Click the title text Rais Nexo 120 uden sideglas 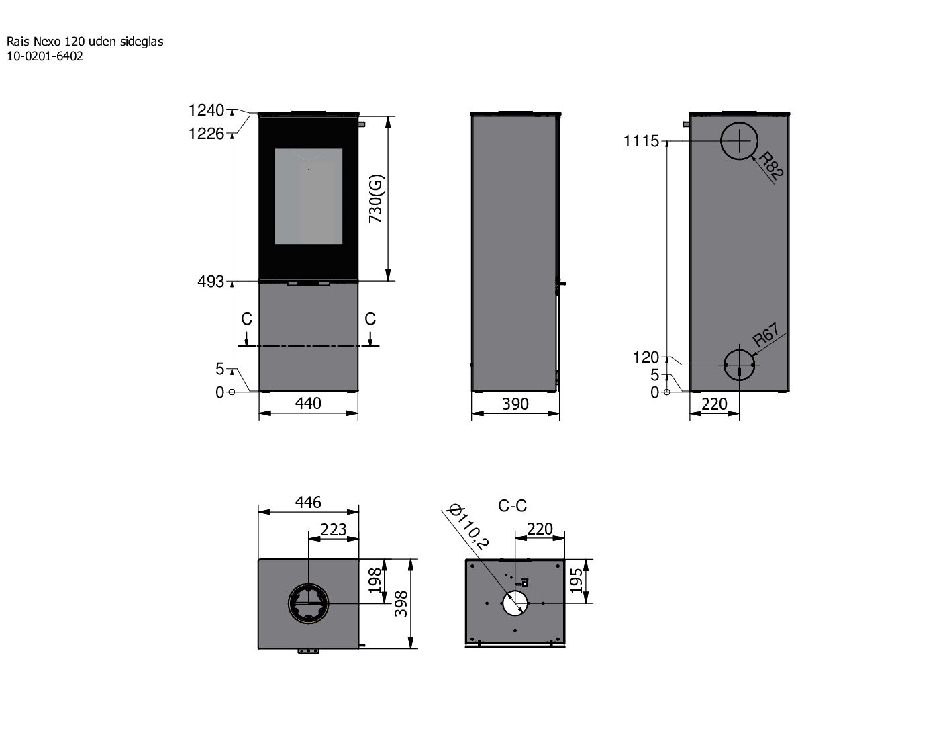click(85, 42)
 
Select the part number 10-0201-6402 click(45, 56)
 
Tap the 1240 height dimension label click(206, 110)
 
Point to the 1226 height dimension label click(206, 134)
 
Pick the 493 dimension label click(210, 282)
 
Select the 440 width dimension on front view click(308, 403)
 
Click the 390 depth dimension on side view click(515, 404)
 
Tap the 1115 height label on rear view click(641, 142)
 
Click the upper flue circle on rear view click(739, 142)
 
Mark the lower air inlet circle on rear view click(739, 365)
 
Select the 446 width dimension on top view click(308, 502)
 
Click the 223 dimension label click(334, 529)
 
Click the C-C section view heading click(512, 505)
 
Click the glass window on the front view click(308, 196)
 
